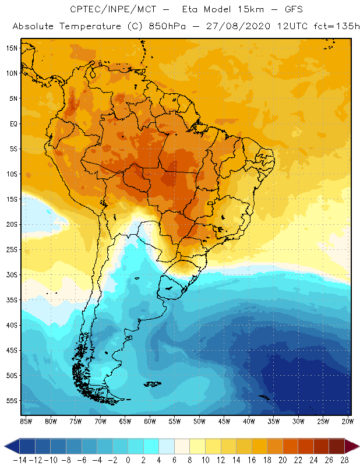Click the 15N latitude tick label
click(12, 48)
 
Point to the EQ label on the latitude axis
click(13, 123)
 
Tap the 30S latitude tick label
click(12, 274)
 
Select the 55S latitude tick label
click(12, 401)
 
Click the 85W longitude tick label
click(26, 421)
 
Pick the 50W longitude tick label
click(199, 421)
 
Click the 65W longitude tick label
click(125, 421)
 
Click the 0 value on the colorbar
click(128, 460)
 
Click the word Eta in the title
click(190, 10)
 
